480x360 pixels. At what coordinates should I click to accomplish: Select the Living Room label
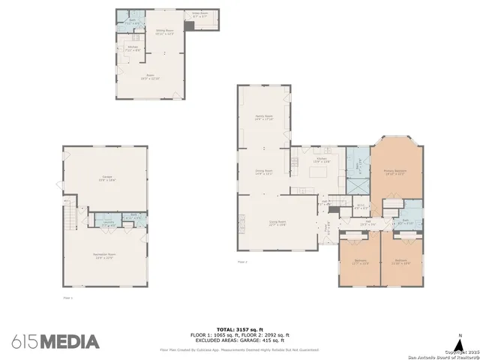[278, 223]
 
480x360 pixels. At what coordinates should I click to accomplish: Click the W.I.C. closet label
[360, 205]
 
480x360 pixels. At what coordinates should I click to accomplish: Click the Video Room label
[199, 14]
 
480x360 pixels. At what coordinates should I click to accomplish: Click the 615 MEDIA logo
[55, 341]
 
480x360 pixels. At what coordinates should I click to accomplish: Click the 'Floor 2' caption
[241, 262]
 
